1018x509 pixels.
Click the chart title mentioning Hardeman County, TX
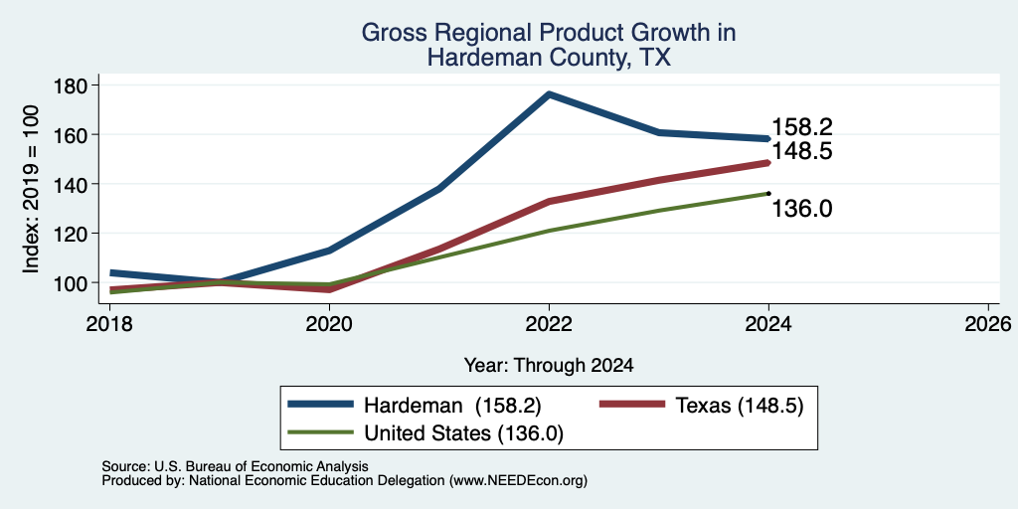pos(549,45)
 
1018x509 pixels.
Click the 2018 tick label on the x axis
pos(109,323)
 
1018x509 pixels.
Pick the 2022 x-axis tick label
pos(549,323)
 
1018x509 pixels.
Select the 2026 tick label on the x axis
pos(988,323)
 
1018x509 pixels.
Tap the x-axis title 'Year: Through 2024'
pos(549,366)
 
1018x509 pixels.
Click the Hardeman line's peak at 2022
pos(549,94)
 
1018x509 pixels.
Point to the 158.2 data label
pos(802,127)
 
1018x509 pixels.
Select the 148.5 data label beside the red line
pos(802,151)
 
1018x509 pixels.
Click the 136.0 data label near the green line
pos(802,209)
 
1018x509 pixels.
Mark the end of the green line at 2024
pos(768,193)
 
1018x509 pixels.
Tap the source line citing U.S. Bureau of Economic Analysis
pos(235,466)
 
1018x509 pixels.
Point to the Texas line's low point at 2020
pos(329,289)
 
